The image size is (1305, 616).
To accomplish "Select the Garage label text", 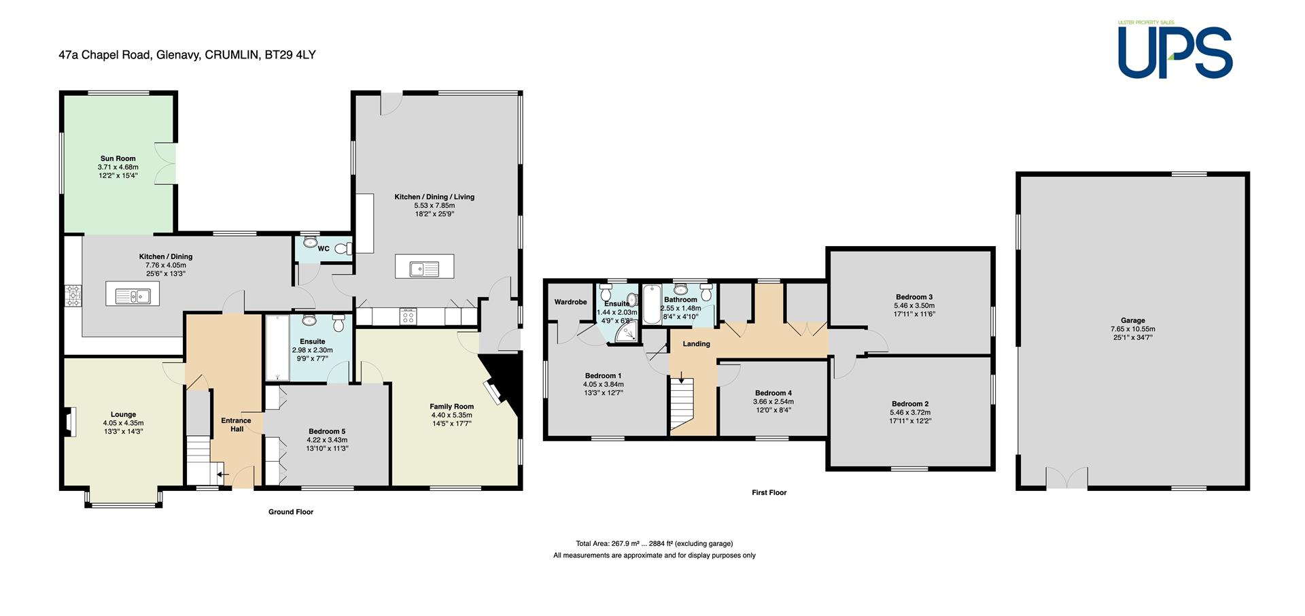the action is tap(1132, 320).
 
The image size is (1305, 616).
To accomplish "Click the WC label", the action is tap(324, 249).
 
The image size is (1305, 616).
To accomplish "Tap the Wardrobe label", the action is tap(570, 302).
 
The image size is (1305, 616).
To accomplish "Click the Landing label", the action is tap(696, 344).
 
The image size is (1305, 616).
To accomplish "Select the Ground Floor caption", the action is tap(290, 512).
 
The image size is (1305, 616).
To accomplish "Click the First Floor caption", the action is tap(769, 492).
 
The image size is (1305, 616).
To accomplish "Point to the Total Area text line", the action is tap(654, 543).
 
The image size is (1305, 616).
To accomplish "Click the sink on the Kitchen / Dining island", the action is tap(133, 295).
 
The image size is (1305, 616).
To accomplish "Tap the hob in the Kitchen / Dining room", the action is tap(72, 295).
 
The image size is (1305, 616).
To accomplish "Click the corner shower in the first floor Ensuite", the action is tap(626, 331).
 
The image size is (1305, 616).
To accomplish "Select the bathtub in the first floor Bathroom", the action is tap(650, 304).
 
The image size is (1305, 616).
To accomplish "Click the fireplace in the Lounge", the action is tap(69, 421).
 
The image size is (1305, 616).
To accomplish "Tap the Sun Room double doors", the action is tap(167, 164).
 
